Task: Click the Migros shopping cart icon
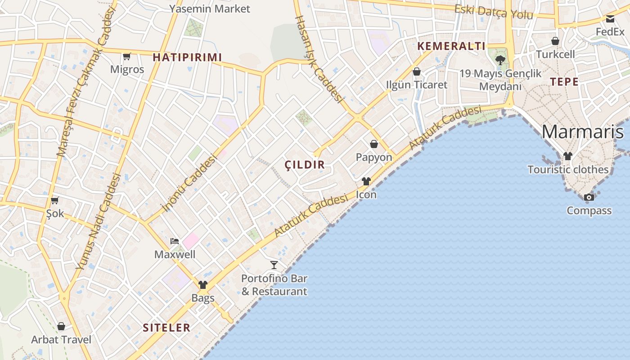click(127, 56)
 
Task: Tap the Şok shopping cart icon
click(55, 200)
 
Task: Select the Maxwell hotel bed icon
click(175, 241)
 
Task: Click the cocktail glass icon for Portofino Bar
click(274, 265)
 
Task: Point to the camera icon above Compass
click(589, 197)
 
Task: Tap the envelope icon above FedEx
click(610, 19)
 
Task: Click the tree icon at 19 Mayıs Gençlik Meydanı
click(500, 60)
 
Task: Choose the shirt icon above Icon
click(366, 181)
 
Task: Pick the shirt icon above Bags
click(203, 284)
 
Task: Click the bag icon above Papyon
click(374, 144)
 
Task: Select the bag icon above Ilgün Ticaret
click(417, 72)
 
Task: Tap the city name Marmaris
click(583, 132)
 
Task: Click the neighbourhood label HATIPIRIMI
click(187, 57)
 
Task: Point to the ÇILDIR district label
click(305, 165)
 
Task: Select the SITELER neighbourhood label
click(166, 328)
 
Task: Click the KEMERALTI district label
click(451, 46)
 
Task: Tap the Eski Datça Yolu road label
click(493, 12)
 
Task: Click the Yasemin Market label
click(209, 9)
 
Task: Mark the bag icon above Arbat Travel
click(61, 326)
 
